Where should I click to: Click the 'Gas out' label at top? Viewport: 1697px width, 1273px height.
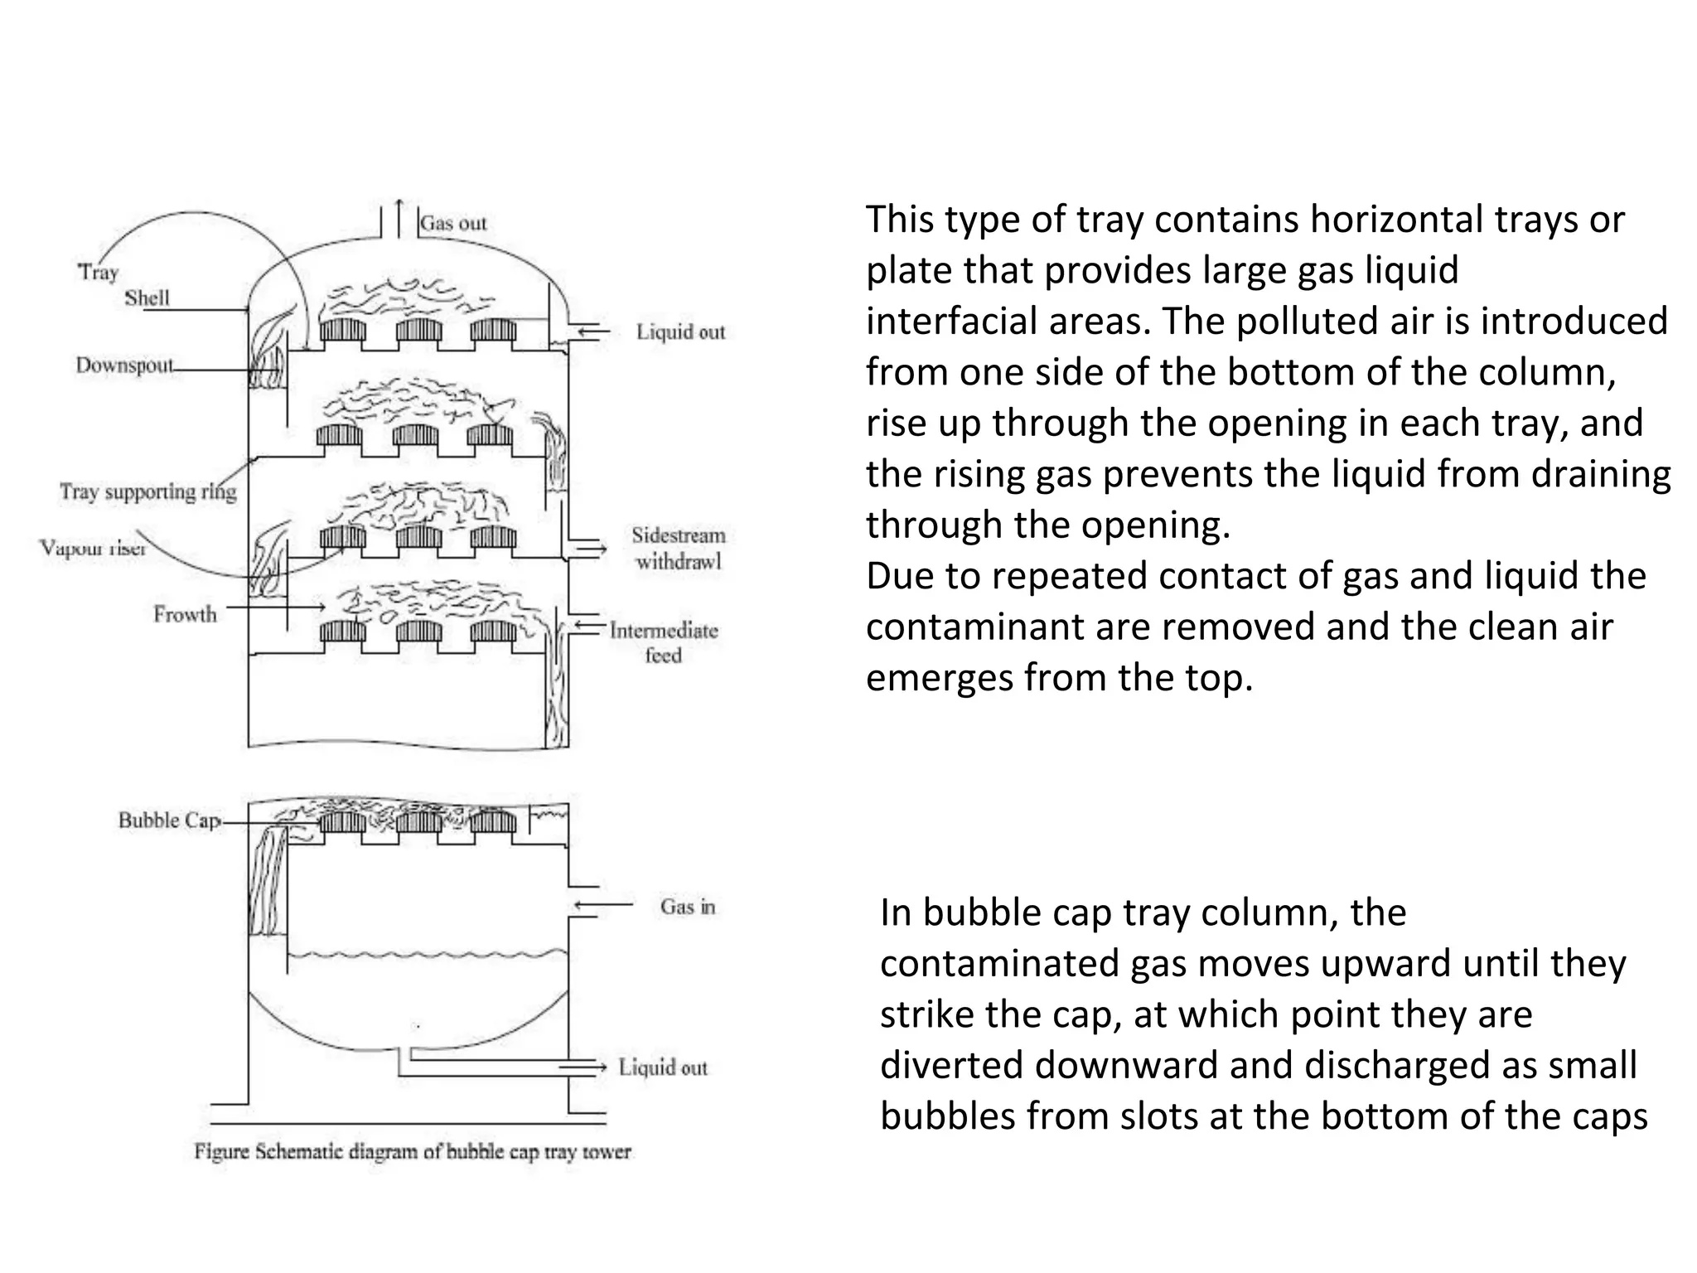(x=453, y=223)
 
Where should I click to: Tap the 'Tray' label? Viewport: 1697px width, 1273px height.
(x=99, y=272)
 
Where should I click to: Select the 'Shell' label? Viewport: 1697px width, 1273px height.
(x=147, y=298)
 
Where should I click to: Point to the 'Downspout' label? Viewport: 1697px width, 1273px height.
(x=124, y=365)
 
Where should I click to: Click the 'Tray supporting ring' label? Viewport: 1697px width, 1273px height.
(x=147, y=491)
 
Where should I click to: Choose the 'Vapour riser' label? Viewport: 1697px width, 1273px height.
(x=93, y=548)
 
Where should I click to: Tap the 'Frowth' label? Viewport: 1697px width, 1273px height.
(x=185, y=614)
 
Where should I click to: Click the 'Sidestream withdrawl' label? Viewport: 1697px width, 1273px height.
(x=678, y=548)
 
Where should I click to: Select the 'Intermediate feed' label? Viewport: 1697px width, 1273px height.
(x=664, y=642)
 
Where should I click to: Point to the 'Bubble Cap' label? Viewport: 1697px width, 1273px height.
(x=169, y=820)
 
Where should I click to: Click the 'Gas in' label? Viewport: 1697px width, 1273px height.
(x=687, y=907)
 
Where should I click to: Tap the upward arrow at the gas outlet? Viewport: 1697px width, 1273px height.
(x=399, y=217)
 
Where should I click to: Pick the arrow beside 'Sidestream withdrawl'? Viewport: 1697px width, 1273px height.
(x=591, y=549)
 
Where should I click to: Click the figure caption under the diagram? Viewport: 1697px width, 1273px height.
(x=413, y=1152)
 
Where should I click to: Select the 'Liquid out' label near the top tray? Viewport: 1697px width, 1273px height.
(x=680, y=332)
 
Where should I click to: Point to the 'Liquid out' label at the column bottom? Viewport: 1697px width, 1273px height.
(x=663, y=1067)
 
